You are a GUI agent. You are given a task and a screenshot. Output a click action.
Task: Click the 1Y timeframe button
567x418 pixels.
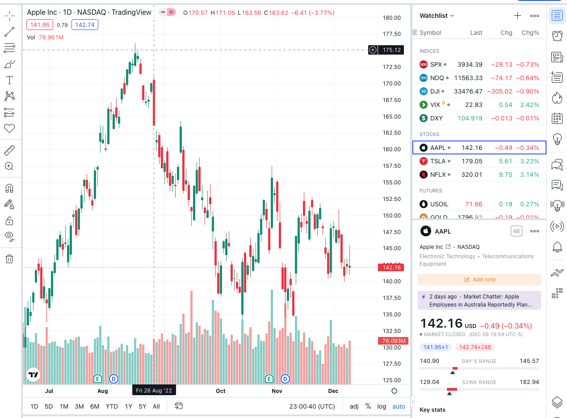point(128,406)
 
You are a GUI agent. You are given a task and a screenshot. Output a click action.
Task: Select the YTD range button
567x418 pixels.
point(112,406)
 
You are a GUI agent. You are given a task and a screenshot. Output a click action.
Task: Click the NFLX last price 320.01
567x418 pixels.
point(472,175)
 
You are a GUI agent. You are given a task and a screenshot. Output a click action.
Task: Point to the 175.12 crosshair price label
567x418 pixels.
point(391,50)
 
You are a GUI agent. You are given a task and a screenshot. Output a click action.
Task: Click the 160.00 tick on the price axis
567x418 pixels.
point(391,149)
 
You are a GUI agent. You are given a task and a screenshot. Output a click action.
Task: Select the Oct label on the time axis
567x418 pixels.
point(220,391)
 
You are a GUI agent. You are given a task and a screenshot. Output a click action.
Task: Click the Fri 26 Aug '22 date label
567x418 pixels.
point(154,391)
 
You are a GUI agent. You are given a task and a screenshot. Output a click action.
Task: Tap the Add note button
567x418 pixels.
point(479,280)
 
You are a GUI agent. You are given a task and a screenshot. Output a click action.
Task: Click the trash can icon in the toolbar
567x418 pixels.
point(9,259)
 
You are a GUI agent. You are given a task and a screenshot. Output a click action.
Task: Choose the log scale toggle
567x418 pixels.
point(382,406)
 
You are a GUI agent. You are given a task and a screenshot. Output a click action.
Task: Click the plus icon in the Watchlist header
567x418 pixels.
point(517,16)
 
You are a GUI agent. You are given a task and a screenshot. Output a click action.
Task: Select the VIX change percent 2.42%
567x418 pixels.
point(530,105)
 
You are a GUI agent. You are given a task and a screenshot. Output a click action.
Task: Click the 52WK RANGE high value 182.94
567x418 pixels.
point(529,382)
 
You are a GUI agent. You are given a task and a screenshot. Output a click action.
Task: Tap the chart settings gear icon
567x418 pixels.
point(394,391)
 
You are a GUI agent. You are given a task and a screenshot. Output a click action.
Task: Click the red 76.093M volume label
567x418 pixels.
point(394,341)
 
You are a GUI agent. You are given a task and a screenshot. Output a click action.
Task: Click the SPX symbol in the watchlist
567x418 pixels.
point(436,64)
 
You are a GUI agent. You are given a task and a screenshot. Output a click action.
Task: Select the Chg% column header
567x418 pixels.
point(530,33)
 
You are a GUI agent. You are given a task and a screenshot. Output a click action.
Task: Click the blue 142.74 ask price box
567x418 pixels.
point(85,25)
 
